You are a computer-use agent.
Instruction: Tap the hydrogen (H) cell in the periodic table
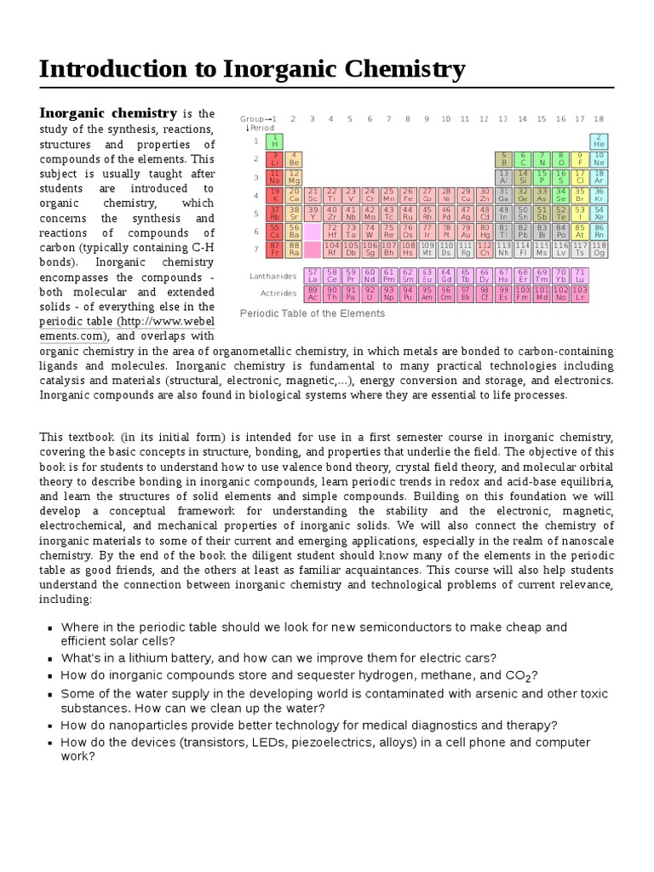(275, 141)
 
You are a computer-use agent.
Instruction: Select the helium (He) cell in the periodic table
(599, 141)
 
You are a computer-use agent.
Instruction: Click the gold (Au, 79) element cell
(466, 231)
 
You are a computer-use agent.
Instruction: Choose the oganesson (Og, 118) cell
(599, 249)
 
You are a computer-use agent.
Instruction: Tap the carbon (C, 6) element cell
(523, 158)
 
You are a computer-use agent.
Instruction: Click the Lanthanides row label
(272, 276)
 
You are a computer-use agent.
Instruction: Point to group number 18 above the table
(599, 119)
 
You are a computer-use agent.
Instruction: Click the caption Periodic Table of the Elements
(312, 313)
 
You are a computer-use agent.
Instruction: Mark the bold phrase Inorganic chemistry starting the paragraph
(108, 113)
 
